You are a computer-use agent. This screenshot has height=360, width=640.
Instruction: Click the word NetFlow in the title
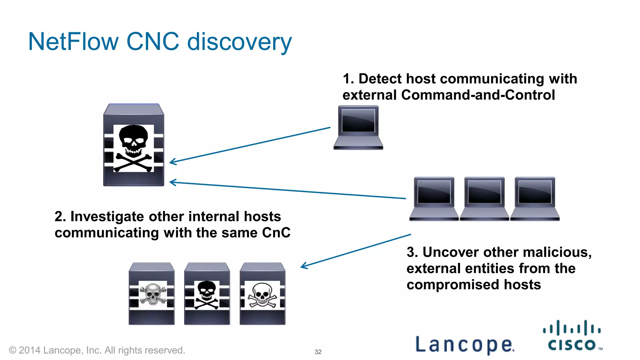[73, 42]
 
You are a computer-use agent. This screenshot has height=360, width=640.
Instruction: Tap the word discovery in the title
[239, 42]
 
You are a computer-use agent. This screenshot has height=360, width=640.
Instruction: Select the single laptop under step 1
[358, 127]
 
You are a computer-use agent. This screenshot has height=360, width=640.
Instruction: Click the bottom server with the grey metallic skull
[152, 294]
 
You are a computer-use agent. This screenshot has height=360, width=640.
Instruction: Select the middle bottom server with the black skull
[207, 294]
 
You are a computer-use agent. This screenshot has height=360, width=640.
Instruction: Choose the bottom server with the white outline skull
[262, 294]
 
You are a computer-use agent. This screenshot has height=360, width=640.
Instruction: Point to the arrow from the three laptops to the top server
[287, 190]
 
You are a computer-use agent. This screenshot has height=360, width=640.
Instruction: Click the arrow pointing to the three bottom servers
[356, 250]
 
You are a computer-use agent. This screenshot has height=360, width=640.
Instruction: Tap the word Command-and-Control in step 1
[478, 95]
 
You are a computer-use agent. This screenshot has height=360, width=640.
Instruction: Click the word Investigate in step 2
[107, 217]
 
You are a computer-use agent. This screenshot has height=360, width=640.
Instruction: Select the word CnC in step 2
[276, 233]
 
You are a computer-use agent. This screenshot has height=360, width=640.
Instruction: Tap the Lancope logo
[465, 344]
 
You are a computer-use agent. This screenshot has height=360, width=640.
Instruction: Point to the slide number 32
[318, 352]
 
